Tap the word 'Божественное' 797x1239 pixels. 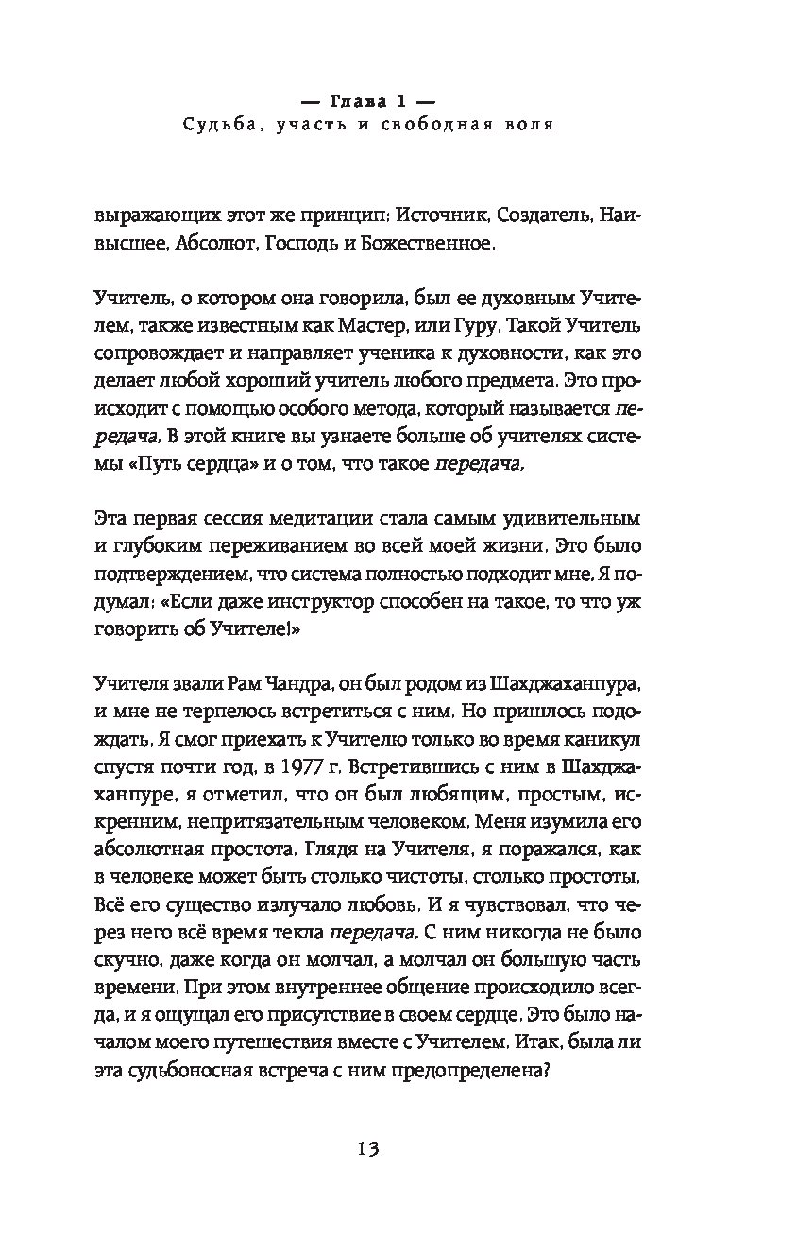tap(435, 243)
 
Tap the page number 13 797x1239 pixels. tap(367, 1149)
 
